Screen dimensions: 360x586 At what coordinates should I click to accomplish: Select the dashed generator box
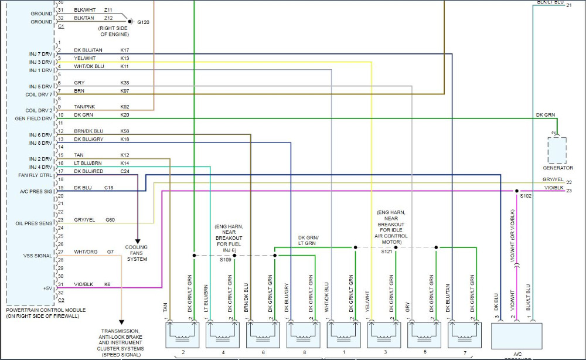557,150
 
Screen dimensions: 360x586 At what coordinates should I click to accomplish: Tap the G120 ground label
143,22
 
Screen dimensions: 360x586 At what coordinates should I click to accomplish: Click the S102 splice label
526,196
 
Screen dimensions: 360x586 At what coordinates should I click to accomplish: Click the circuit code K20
125,115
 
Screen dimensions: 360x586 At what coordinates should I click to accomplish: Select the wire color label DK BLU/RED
88,171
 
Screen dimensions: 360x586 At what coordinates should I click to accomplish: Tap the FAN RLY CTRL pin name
35,175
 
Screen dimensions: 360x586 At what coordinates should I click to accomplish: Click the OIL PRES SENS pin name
34,223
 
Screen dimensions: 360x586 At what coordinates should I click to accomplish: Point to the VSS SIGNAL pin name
37,255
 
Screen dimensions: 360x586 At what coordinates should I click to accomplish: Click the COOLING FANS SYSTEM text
137,253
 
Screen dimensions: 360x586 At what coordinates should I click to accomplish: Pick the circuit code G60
110,220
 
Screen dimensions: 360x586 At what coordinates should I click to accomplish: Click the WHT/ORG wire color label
86,252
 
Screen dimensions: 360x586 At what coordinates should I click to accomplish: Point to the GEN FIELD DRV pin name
35,118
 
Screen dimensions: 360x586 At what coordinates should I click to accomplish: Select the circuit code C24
125,171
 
